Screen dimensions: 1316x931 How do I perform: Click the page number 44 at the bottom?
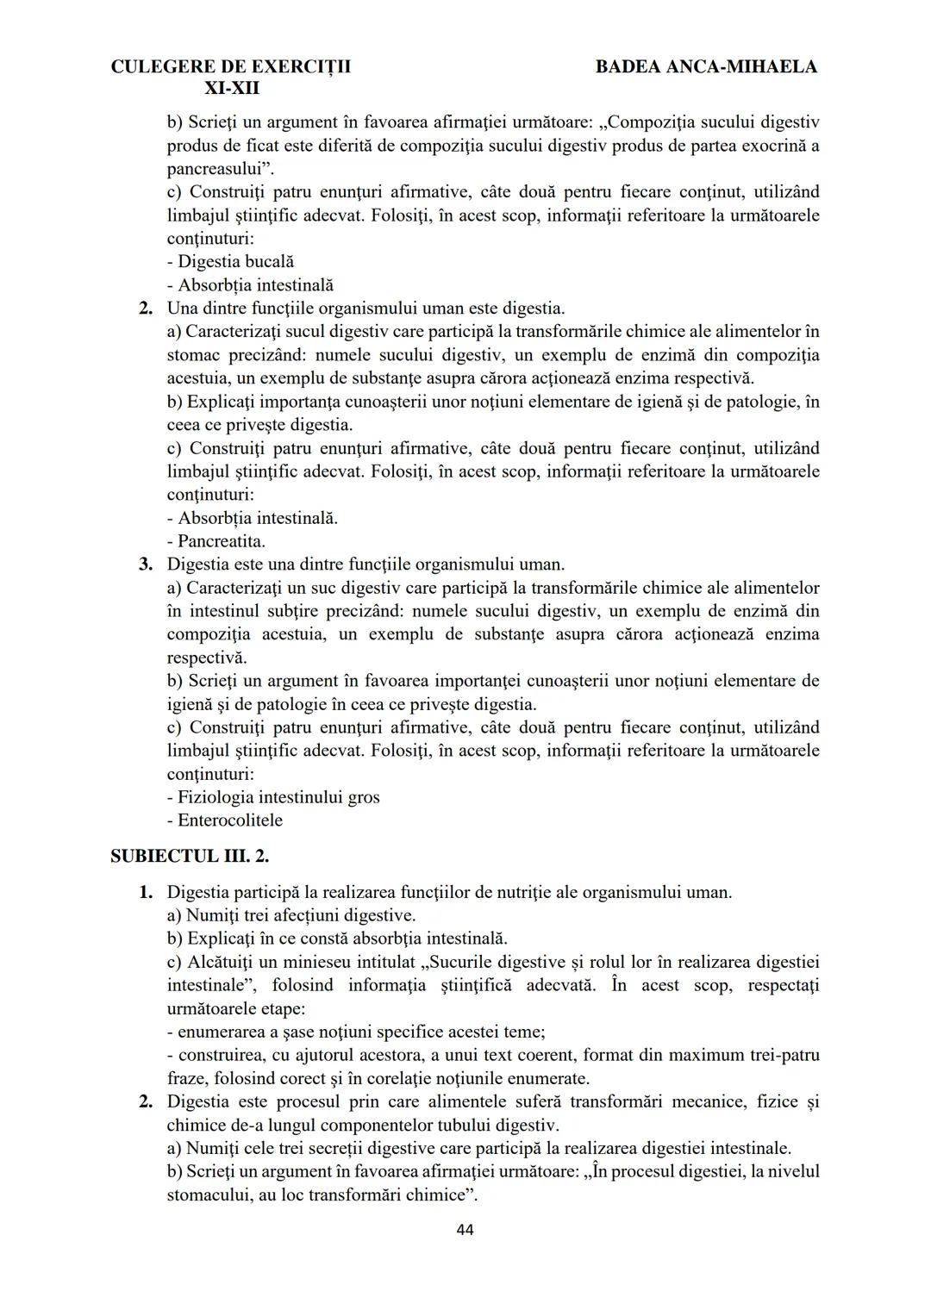point(465,1230)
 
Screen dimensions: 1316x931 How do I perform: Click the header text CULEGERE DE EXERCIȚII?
point(231,66)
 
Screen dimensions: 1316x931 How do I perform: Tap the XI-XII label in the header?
point(231,88)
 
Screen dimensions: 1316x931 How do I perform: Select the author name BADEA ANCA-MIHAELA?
point(706,66)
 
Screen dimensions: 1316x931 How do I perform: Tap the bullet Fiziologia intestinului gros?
point(273,797)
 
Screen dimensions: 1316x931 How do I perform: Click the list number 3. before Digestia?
point(147,564)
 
